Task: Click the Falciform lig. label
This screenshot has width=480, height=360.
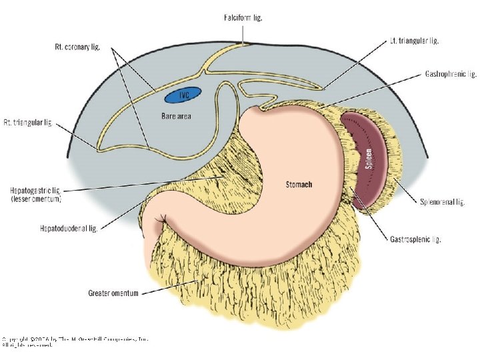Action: point(243,18)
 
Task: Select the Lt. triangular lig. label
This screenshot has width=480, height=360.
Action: point(414,41)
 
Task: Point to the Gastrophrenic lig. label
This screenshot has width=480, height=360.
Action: point(451,75)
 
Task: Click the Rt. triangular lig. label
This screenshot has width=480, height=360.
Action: point(27,123)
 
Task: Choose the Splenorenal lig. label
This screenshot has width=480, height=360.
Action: point(442,201)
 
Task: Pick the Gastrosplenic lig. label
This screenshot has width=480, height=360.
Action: point(415,239)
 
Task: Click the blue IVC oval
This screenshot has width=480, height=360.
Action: point(178,96)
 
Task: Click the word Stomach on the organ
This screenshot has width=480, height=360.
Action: point(299,184)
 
